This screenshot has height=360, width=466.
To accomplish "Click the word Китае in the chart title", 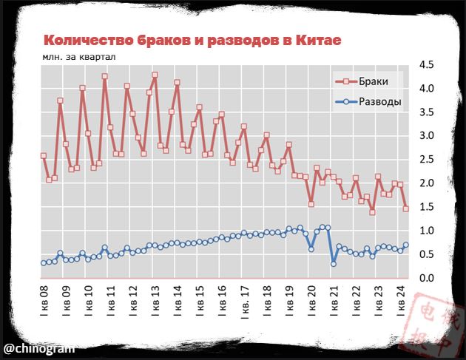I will tap(317, 40).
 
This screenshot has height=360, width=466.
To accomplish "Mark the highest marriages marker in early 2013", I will tap(155, 75).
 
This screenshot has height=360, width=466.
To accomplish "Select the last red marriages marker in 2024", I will tap(405, 208).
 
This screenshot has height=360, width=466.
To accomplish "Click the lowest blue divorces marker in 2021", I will tap(334, 264).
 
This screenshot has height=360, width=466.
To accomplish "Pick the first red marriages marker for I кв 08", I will tap(44, 156).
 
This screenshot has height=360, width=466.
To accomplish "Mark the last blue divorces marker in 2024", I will tap(405, 245).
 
